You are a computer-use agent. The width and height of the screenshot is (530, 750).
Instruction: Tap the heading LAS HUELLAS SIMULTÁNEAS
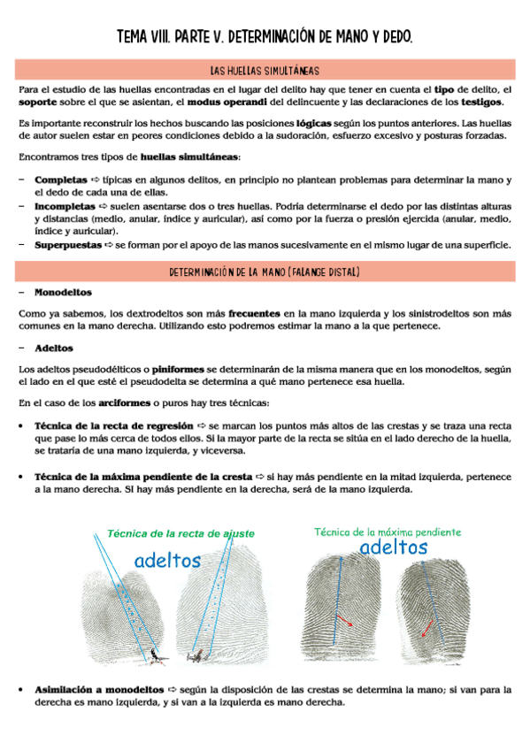point(265,70)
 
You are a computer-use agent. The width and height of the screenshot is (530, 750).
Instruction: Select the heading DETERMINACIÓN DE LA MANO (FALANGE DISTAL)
point(265,272)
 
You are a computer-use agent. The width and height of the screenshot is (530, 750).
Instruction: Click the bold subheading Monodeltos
point(63,292)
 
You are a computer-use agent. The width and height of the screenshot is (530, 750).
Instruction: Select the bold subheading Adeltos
point(54,348)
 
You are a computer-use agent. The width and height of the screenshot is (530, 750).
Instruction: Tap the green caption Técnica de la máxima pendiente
point(388,532)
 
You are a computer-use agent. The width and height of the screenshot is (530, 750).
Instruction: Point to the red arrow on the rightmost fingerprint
point(428,626)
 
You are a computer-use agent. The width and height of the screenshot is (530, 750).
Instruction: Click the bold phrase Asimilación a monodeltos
point(99,688)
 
